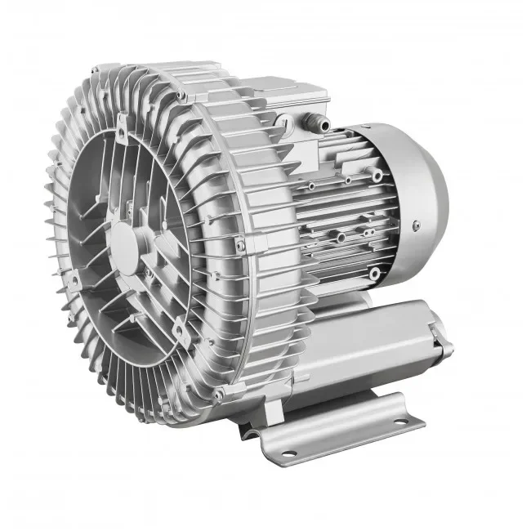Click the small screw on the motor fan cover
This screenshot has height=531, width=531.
pos(416,226)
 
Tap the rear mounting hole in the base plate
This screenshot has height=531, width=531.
pos(399,422)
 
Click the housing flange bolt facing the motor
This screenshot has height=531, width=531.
pos(239,244)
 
